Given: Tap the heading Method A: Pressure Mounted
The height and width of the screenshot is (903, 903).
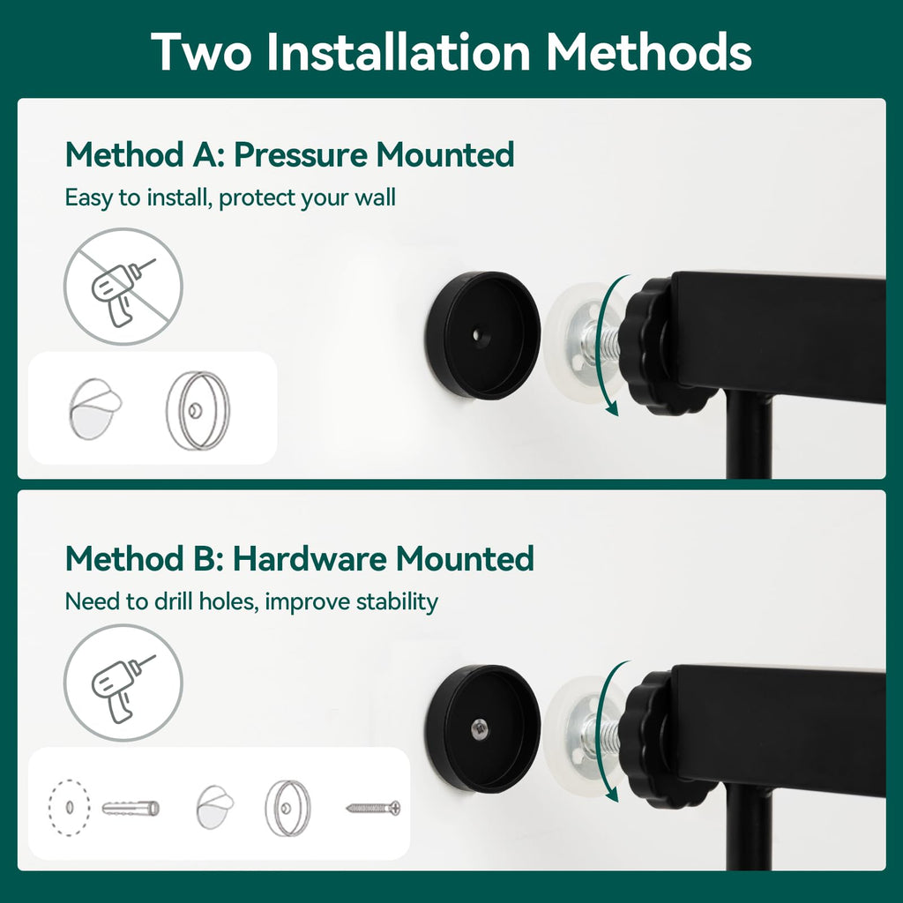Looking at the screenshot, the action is point(289,155).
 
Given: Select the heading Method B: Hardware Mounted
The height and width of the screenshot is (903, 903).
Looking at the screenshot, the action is point(300,558).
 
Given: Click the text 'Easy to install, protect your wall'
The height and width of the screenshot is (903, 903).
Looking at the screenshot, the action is point(230,198).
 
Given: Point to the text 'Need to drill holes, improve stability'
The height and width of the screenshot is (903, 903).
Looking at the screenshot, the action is point(251,601).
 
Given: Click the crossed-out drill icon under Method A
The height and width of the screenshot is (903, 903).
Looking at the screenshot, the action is point(123,287).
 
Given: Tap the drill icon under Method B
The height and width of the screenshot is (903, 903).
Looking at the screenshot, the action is point(123,683).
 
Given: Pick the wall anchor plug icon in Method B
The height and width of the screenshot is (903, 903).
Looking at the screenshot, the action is point(131,808).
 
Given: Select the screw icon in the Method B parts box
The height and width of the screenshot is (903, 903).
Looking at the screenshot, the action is point(373,808).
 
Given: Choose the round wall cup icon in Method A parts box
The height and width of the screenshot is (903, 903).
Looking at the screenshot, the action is point(198,410).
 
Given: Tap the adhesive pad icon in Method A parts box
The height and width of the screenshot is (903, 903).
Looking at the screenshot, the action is point(95,408).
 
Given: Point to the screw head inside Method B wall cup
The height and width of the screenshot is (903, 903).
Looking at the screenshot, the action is point(479,729).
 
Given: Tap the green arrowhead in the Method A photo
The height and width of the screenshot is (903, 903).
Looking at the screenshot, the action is point(612,409).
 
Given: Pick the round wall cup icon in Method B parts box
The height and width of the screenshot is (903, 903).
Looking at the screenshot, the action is point(287,808).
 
